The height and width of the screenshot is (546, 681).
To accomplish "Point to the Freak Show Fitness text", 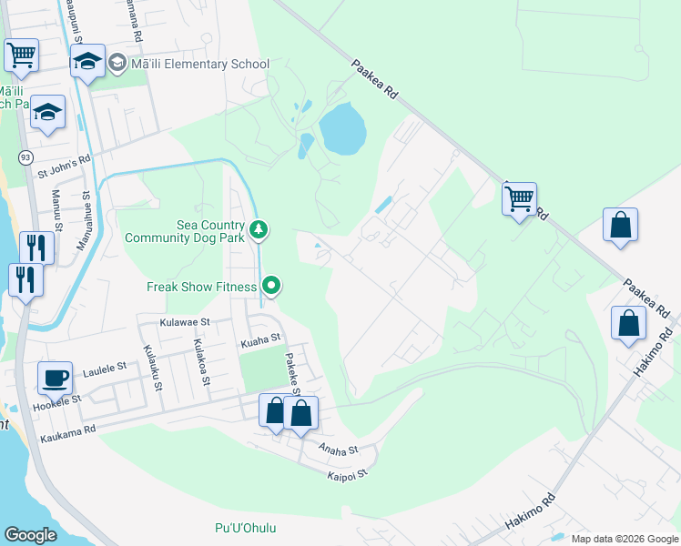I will (x=203, y=287).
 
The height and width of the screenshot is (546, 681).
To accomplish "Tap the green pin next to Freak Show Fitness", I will (x=271, y=287).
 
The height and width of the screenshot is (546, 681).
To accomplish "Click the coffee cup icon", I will (x=55, y=377).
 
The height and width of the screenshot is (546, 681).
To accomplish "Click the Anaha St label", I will (x=339, y=449).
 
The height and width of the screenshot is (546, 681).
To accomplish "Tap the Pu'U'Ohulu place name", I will (x=245, y=528).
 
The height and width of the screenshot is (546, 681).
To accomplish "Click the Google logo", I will (x=30, y=535).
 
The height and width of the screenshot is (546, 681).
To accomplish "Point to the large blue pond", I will (x=342, y=128).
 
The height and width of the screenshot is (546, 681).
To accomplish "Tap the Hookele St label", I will (x=58, y=399).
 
